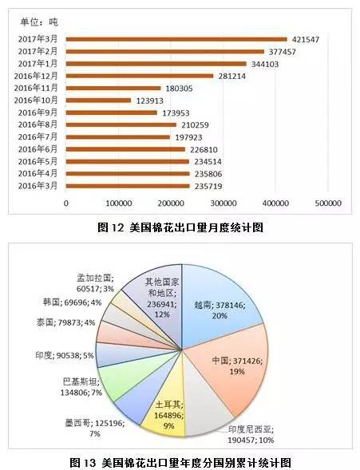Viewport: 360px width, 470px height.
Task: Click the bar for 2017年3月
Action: pyautogui.click(x=176, y=38)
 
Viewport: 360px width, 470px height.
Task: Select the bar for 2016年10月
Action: pyautogui.click(x=98, y=100)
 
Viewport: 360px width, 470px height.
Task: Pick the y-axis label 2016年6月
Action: pyautogui.click(x=39, y=149)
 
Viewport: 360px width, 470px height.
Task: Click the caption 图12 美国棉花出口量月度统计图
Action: pyautogui.click(x=180, y=227)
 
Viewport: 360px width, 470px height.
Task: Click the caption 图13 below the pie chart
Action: pyautogui.click(x=180, y=462)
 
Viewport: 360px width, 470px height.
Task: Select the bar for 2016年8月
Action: pyautogui.click(x=121, y=124)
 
